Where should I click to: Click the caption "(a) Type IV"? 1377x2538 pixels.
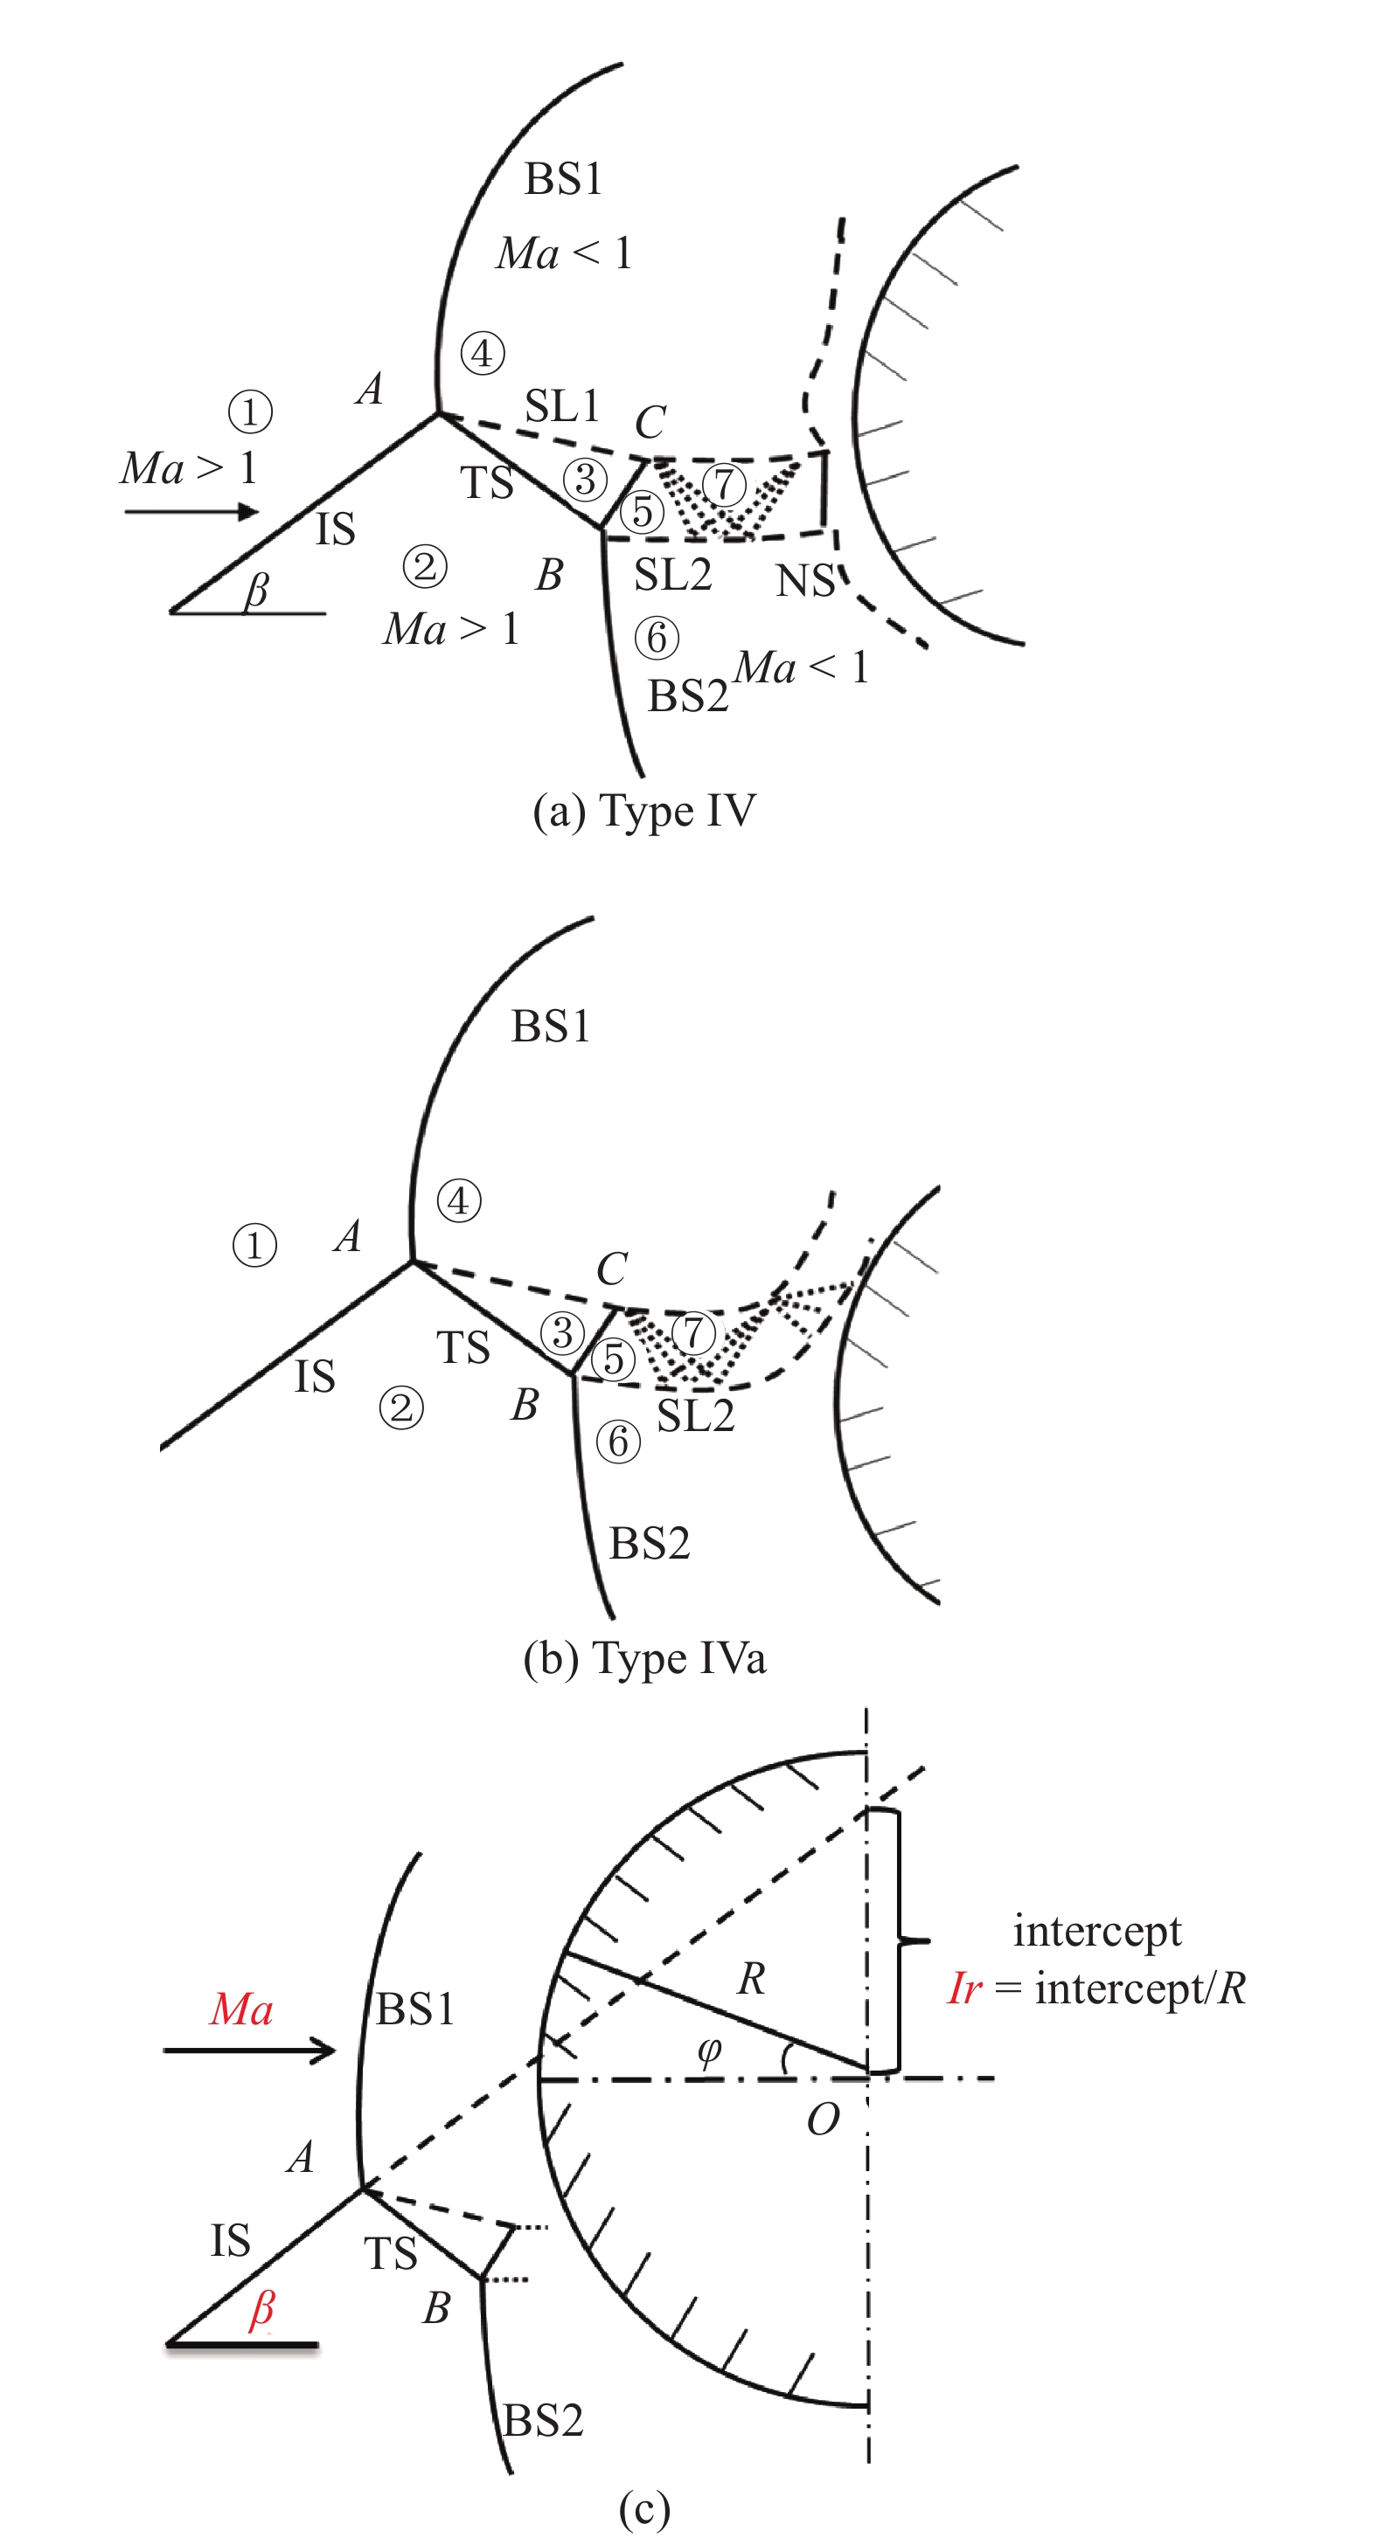pyautogui.click(x=644, y=812)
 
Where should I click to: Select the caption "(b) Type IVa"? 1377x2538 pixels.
pyautogui.click(x=644, y=1658)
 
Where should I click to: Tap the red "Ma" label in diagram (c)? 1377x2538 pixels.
pyautogui.click(x=241, y=2009)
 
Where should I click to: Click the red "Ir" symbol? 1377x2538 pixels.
pyautogui.click(x=965, y=1988)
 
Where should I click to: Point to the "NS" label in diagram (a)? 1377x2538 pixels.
pyautogui.click(x=805, y=581)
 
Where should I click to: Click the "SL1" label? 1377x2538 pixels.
pyautogui.click(x=562, y=406)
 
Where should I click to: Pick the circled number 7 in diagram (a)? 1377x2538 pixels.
pyautogui.click(x=725, y=484)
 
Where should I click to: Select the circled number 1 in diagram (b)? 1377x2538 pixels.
pyautogui.click(x=254, y=1245)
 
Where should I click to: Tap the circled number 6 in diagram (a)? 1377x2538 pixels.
pyautogui.click(x=657, y=638)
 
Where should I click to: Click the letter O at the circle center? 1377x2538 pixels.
pyautogui.click(x=823, y=2119)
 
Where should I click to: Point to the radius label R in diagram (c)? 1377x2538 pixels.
pyautogui.click(x=751, y=1978)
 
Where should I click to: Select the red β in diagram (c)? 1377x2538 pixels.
pyautogui.click(x=261, y=2309)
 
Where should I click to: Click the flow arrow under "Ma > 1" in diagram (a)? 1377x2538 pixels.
pyautogui.click(x=192, y=511)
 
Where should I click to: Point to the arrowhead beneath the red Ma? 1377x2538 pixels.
pyautogui.click(x=323, y=2050)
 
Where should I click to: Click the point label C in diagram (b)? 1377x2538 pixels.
pyautogui.click(x=612, y=1269)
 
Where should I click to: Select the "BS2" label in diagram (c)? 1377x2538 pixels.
pyautogui.click(x=543, y=2420)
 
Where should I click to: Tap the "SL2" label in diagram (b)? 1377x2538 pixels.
pyautogui.click(x=696, y=1416)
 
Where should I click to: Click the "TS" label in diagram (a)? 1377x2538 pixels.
pyautogui.click(x=487, y=483)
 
